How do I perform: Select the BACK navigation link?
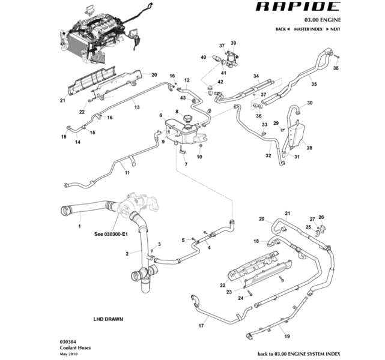tap(282, 29)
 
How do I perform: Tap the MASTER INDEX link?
tap(309, 29)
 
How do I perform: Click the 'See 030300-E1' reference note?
tap(111, 234)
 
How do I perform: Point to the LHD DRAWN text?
tap(108, 319)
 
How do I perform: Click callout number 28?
tap(309, 148)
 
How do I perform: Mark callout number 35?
tap(313, 86)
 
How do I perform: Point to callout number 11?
tap(127, 173)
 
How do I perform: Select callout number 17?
tap(202, 326)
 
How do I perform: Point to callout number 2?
tap(127, 254)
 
